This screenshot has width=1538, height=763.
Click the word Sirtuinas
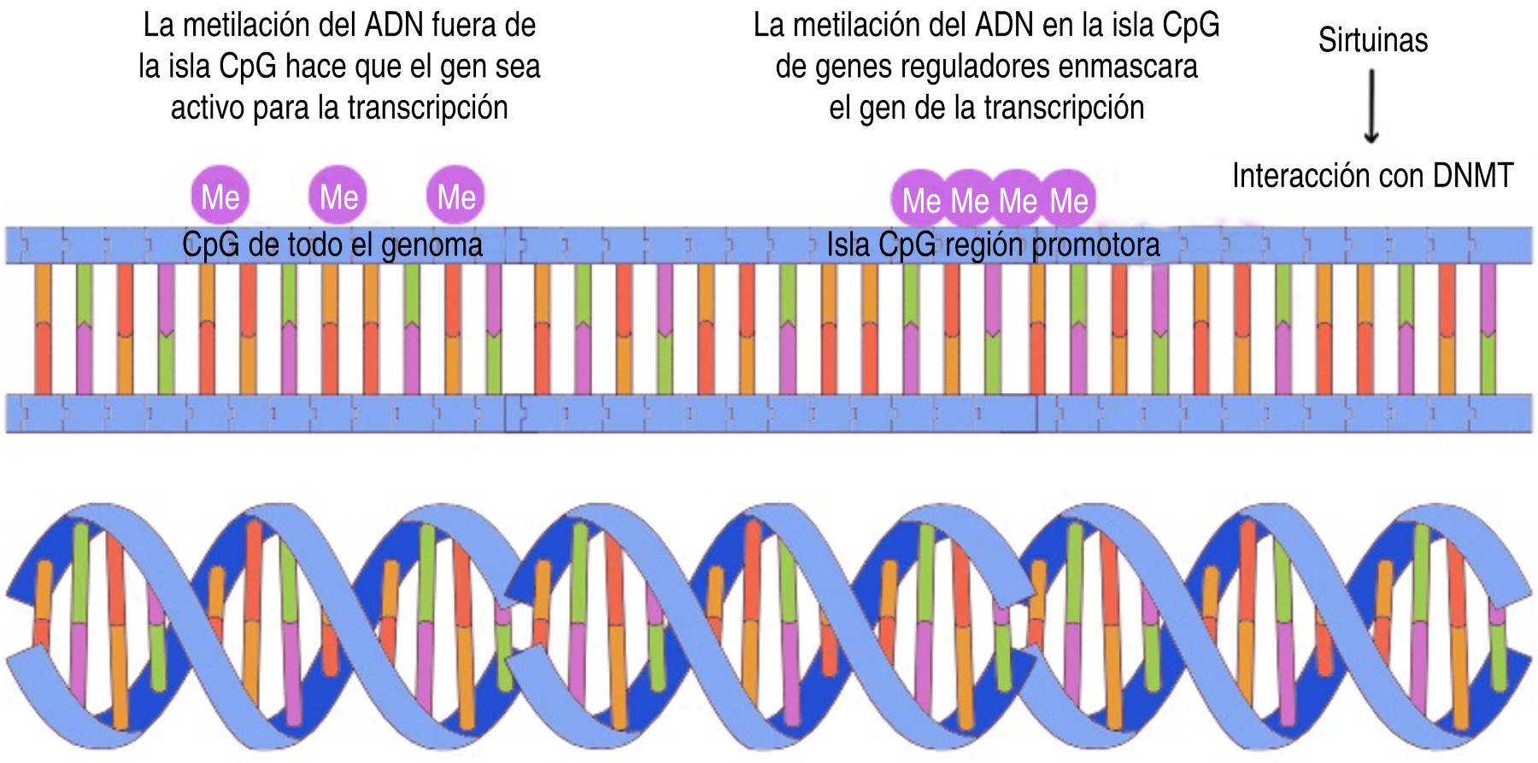(x=1372, y=40)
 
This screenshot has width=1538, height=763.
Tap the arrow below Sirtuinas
(x=1371, y=106)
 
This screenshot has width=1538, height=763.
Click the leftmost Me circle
(x=220, y=197)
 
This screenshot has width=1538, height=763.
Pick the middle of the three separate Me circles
(x=338, y=197)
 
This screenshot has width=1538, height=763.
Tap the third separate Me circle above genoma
(x=456, y=197)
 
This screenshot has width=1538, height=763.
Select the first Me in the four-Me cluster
(x=921, y=201)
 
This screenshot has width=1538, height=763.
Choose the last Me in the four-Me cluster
(x=1069, y=201)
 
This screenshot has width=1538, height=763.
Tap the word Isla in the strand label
(x=848, y=245)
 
